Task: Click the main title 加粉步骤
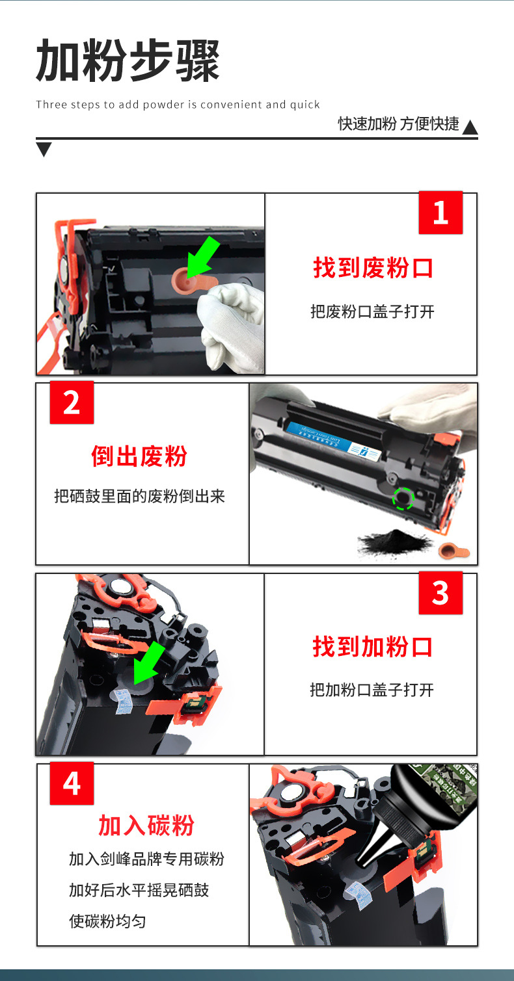pyautogui.click(x=128, y=60)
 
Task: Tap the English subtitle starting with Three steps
pyautogui.click(x=178, y=105)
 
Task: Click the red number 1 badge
pyautogui.click(x=440, y=213)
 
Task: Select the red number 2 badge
pyautogui.click(x=72, y=402)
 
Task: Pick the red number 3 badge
pyautogui.click(x=440, y=593)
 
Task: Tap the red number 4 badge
pyautogui.click(x=72, y=783)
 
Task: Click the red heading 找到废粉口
pyautogui.click(x=373, y=268)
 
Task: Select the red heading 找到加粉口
pyautogui.click(x=373, y=647)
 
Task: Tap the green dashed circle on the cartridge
pyautogui.click(x=403, y=499)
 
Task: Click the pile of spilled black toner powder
pyautogui.click(x=394, y=541)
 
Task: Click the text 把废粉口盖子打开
pyautogui.click(x=372, y=311)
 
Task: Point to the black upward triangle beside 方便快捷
pyautogui.click(x=470, y=127)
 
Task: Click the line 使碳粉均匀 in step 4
pyautogui.click(x=107, y=921)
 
